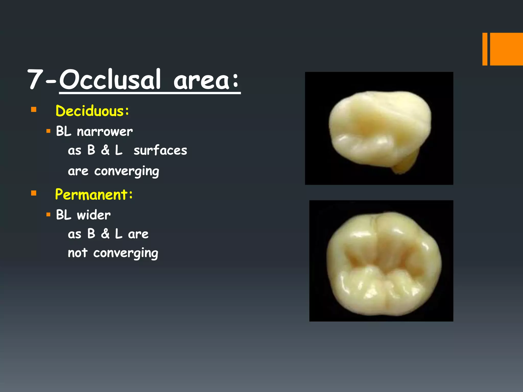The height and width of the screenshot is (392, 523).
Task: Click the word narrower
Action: [x=105, y=132]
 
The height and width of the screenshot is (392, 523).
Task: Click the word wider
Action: [x=94, y=215]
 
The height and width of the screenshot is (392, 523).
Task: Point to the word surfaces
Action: [x=160, y=150]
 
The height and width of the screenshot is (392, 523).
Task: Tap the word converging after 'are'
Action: [x=127, y=171]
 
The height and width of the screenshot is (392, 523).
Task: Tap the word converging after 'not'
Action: [x=126, y=253]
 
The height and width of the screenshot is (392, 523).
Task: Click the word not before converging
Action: [x=78, y=253]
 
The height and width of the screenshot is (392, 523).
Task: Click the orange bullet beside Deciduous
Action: [x=34, y=110]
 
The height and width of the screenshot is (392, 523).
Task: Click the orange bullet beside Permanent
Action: [x=34, y=193]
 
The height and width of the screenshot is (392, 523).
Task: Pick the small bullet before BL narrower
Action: [x=48, y=131]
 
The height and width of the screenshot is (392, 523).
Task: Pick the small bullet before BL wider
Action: [x=48, y=215]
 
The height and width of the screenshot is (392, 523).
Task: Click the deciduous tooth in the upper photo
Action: [x=378, y=128]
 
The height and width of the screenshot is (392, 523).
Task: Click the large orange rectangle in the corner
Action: [x=506, y=49]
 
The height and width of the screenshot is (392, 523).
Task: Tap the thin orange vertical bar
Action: [x=485, y=49]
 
